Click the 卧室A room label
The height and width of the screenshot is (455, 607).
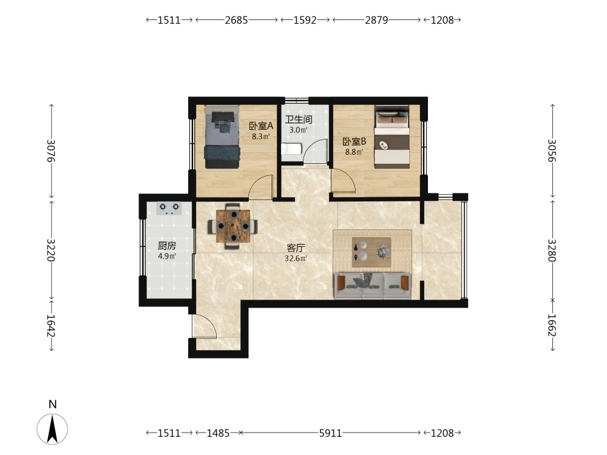tap(261, 126)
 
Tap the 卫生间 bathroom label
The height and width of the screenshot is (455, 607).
tap(298, 120)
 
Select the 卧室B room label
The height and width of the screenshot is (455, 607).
tap(354, 141)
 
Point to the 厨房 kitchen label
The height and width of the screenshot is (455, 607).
tap(167, 246)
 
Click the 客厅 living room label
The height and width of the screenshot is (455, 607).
tap(296, 248)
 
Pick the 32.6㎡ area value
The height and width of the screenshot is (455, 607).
tap(296, 258)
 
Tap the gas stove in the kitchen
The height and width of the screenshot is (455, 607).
tap(169, 208)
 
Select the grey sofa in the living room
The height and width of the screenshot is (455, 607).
tap(373, 286)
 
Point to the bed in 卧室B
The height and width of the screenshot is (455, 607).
tap(392, 137)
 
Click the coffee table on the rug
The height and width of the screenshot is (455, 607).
tap(371, 252)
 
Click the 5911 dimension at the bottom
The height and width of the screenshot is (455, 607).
tap(330, 433)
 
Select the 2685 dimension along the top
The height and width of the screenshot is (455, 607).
tap(236, 20)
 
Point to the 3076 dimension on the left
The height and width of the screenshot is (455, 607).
tap(51, 151)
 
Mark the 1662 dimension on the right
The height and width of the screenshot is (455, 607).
tap(552, 326)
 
